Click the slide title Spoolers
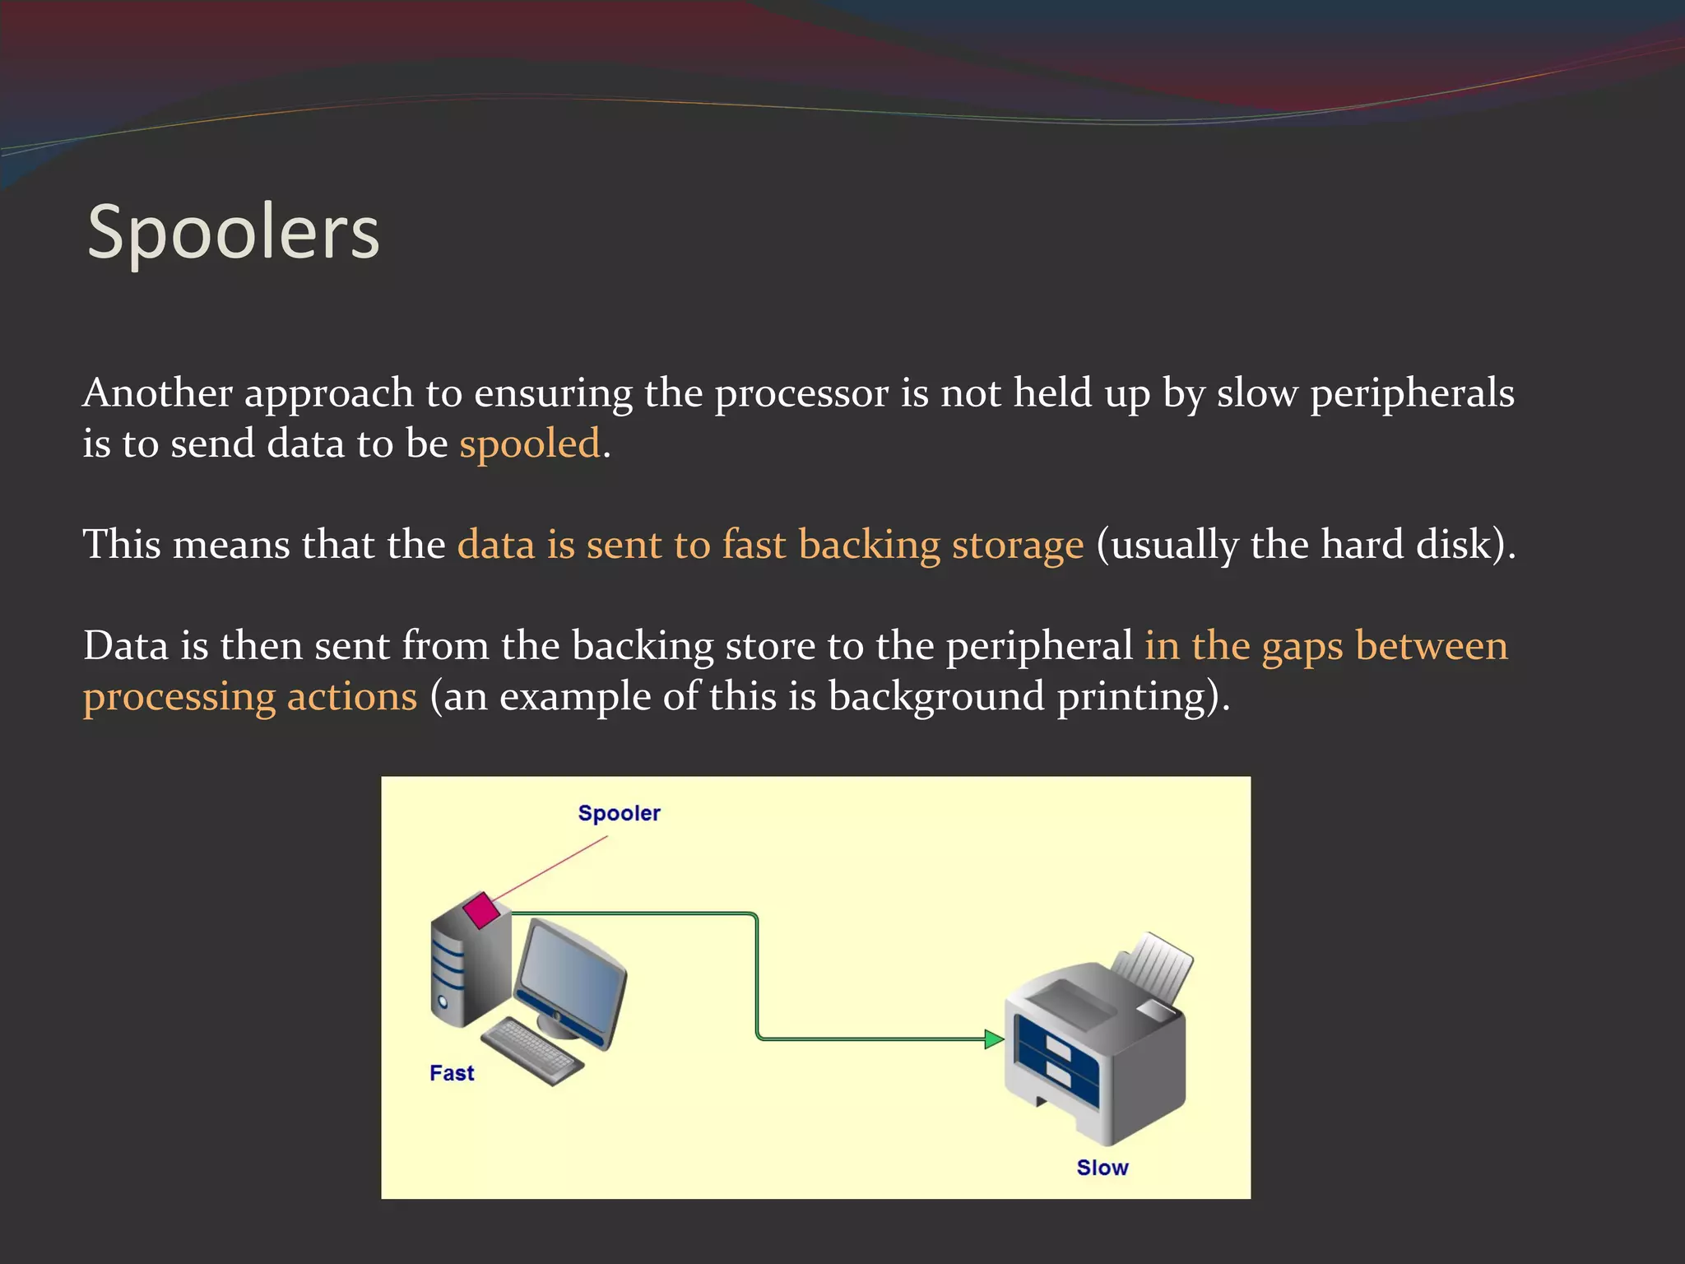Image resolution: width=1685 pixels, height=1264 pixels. (233, 233)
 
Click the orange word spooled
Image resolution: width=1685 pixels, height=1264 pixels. (530, 444)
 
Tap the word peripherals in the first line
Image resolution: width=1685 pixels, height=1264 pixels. (1411, 393)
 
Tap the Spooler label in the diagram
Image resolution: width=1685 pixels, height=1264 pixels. (619, 813)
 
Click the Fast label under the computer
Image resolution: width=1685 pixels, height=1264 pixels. (452, 1073)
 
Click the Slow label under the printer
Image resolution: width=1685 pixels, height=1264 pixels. (1102, 1168)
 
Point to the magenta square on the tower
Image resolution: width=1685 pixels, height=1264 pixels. (480, 910)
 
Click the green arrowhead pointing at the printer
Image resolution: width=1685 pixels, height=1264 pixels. (994, 1039)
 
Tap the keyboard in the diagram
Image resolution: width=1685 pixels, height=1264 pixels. (533, 1051)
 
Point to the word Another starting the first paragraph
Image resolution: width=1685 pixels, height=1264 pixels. (157, 393)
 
